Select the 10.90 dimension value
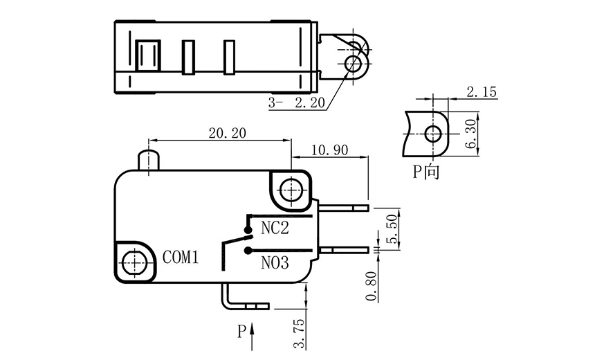329,150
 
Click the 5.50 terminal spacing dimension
392,228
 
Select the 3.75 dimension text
299,336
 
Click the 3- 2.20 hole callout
297,104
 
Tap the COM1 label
181,258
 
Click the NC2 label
275,227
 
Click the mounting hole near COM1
134,262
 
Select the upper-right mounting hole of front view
292,189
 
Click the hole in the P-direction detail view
434,132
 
